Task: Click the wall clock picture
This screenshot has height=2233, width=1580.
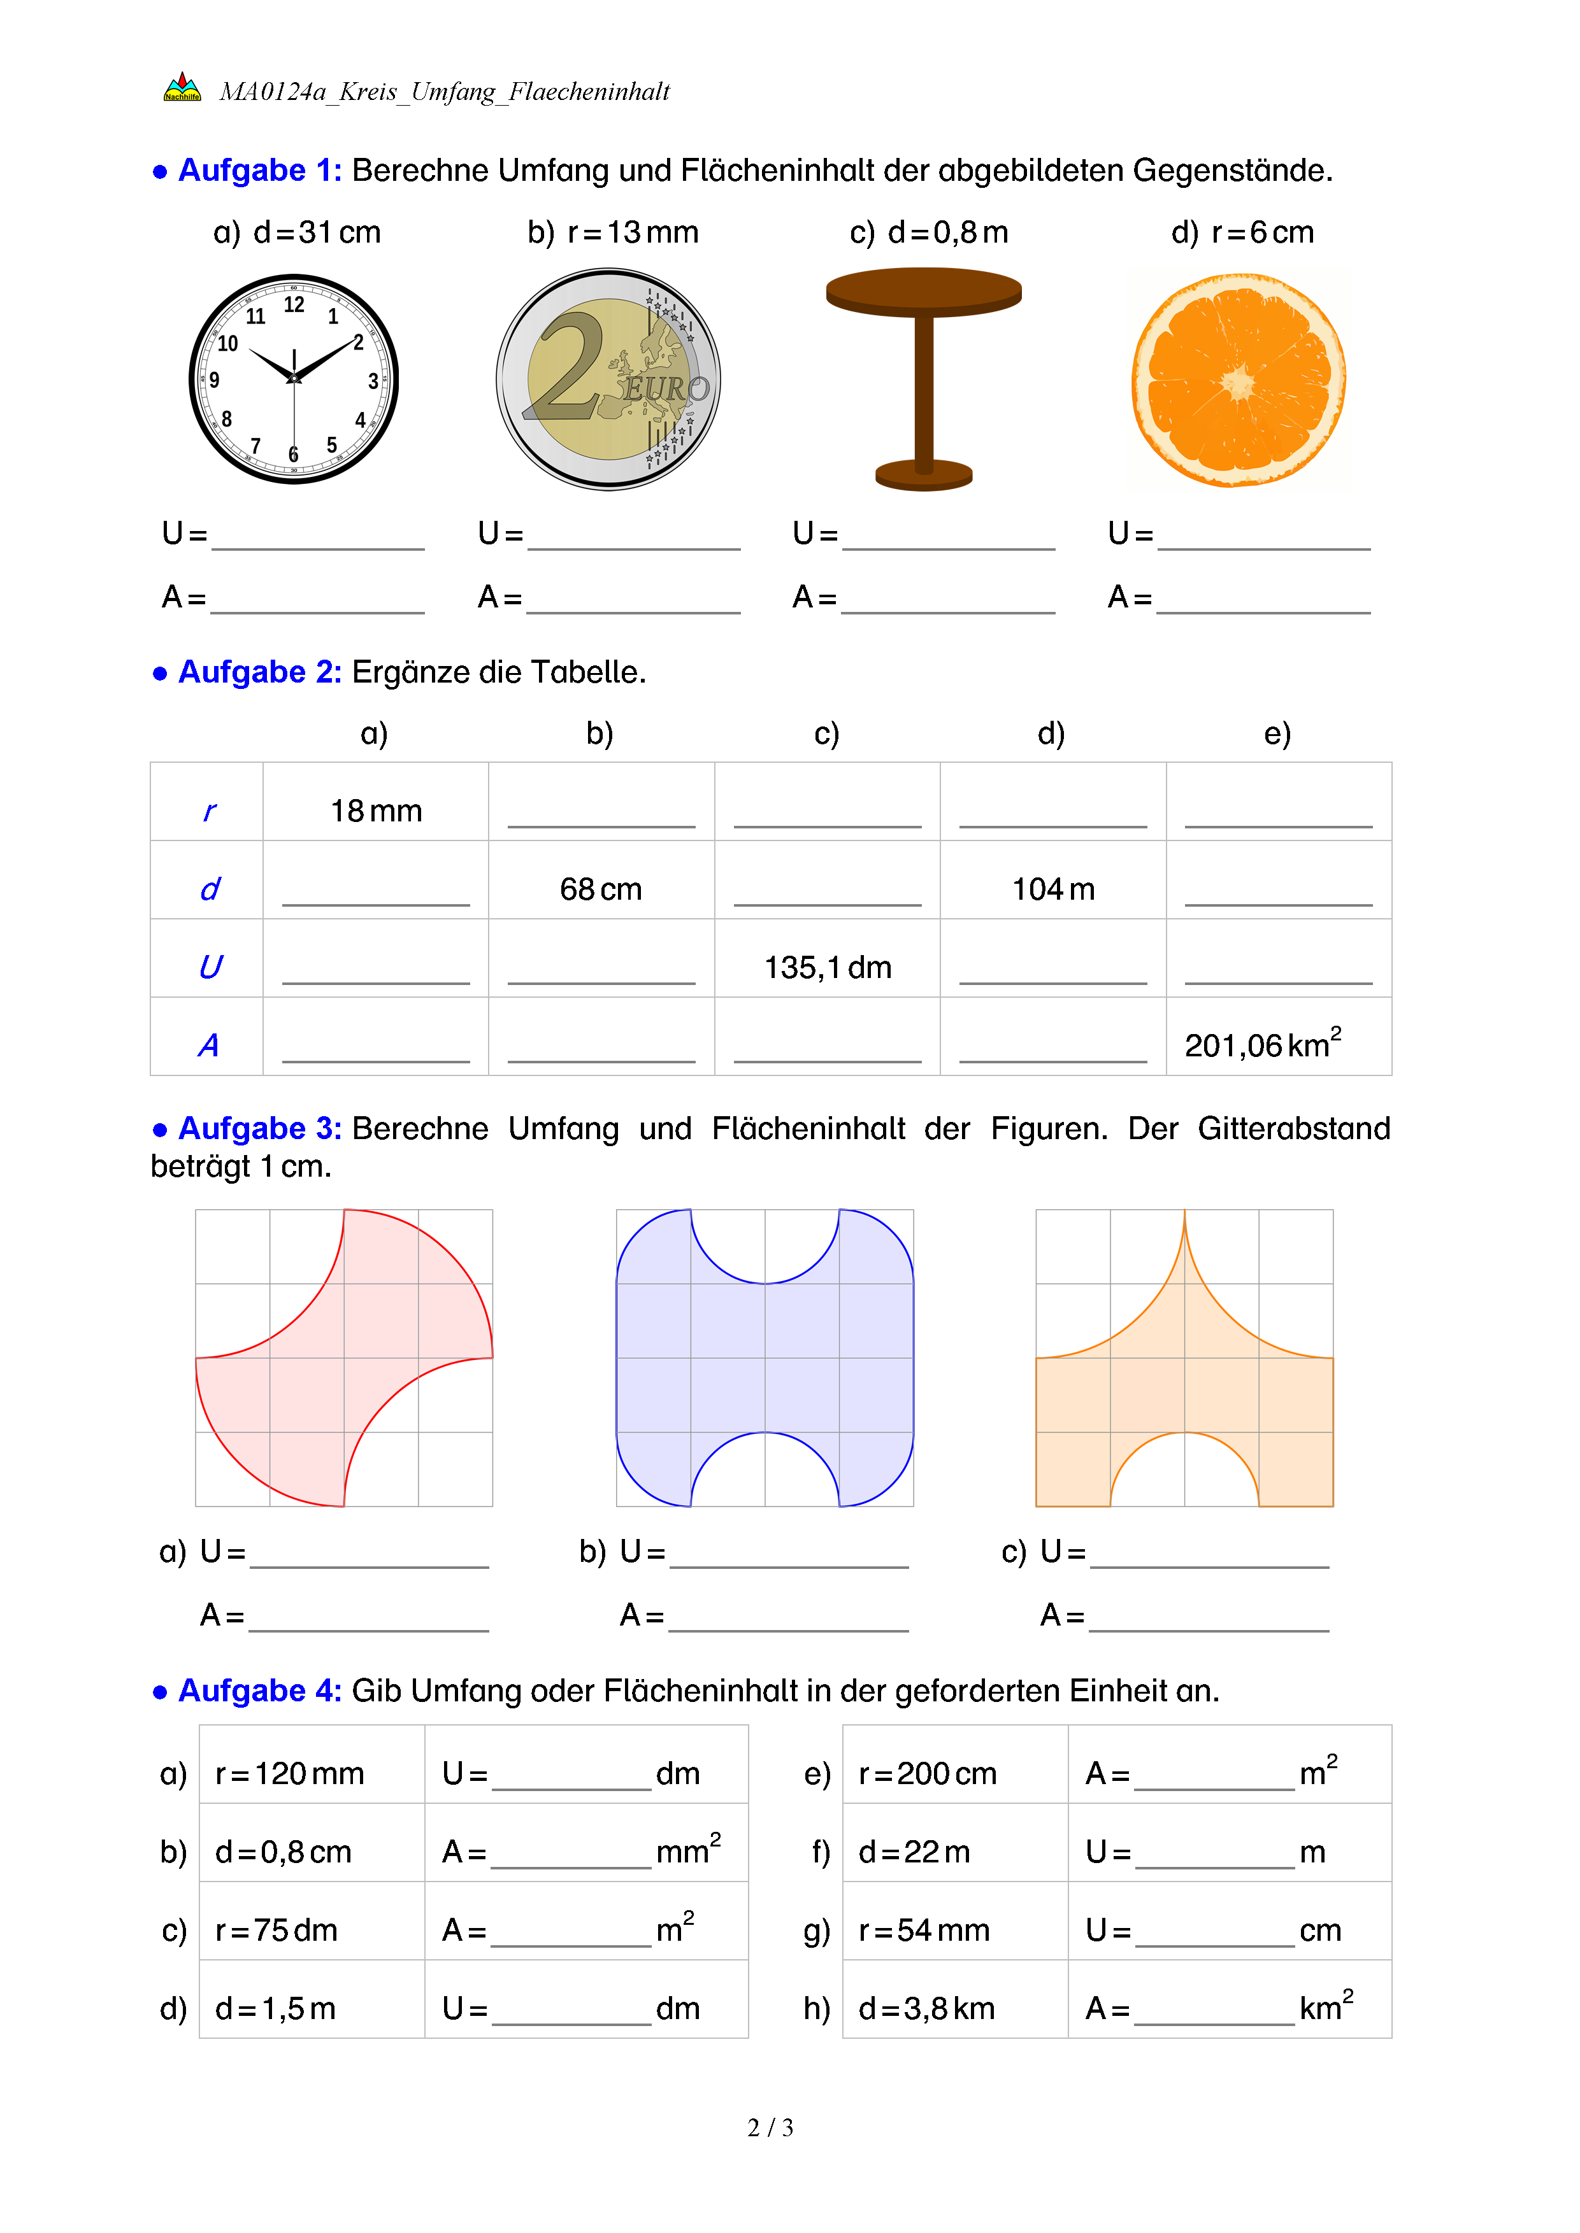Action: (294, 379)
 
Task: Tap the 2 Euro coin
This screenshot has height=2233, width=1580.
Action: (608, 379)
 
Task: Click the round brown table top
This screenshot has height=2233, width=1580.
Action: (923, 291)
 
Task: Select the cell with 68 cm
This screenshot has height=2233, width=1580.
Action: (600, 889)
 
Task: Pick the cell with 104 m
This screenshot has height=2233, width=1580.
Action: (1052, 889)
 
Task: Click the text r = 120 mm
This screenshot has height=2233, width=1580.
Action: (289, 1774)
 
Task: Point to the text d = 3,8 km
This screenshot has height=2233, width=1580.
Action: (926, 2008)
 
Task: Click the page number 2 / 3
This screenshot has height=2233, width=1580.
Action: (770, 2128)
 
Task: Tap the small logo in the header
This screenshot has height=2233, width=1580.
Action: (182, 87)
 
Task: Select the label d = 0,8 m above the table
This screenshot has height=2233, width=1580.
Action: (928, 232)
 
